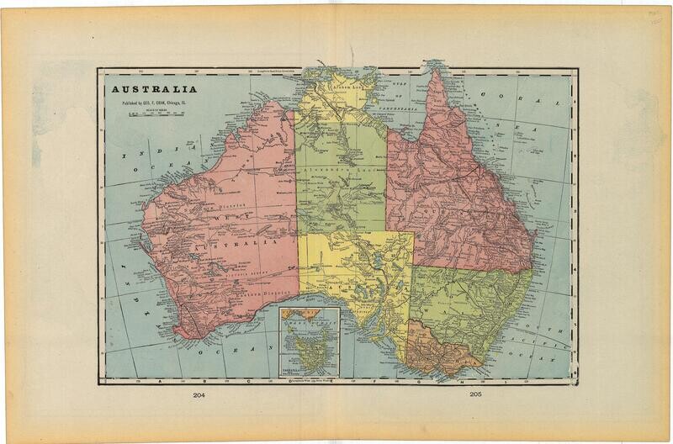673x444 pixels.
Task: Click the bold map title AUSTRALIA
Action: (x=151, y=88)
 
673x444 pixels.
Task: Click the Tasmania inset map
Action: (x=309, y=343)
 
